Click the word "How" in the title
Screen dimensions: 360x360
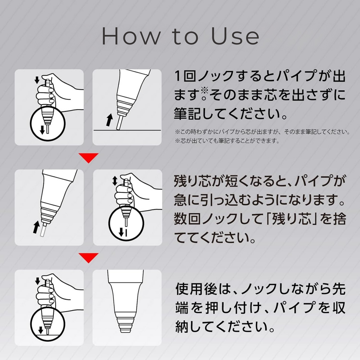pos(130,36)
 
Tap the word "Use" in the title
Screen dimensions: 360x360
pos(235,36)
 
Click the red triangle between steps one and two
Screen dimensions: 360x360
pos(88,158)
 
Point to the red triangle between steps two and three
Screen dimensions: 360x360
pos(88,258)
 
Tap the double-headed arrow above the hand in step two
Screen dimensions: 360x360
pos(115,181)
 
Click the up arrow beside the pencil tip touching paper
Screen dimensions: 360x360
pos(110,120)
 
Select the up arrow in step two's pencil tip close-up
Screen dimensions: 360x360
pos(36,227)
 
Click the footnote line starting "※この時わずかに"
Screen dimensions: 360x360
pos(262,132)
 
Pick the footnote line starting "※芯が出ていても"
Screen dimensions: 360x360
pos(227,141)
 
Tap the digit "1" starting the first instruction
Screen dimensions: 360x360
pos(178,76)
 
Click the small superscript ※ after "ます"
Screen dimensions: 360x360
pos(204,90)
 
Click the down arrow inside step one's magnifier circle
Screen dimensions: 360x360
pos(42,130)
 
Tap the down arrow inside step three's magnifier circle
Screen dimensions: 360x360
pos(41,330)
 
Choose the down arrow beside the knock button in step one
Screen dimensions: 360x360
pos(37,81)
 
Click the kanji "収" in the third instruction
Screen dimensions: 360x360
pos(339,308)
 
